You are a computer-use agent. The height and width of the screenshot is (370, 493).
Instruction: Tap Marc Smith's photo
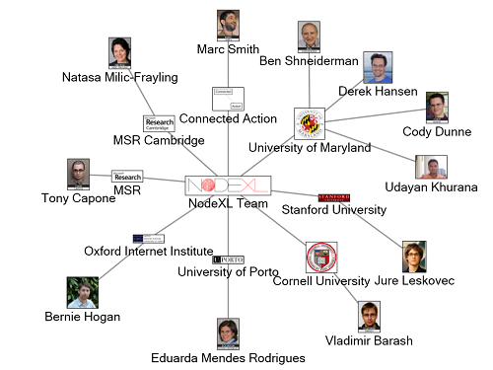click(229, 26)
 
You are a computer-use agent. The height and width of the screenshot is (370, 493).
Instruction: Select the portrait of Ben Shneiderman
click(310, 37)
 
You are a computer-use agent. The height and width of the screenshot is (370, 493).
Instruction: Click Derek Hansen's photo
click(378, 67)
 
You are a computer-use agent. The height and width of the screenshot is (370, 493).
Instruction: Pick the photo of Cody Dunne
click(437, 108)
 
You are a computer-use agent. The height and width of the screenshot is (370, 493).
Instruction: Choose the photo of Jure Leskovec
click(413, 257)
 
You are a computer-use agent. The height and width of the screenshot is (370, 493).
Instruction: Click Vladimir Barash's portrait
click(370, 318)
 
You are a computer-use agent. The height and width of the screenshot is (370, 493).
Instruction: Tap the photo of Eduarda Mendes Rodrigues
click(229, 334)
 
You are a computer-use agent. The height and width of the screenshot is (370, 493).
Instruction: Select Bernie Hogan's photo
click(82, 292)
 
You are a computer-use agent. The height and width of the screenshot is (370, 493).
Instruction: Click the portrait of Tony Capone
click(78, 175)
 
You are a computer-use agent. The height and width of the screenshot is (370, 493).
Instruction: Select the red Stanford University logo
click(333, 198)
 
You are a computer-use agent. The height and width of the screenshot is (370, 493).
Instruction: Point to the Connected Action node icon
click(228, 99)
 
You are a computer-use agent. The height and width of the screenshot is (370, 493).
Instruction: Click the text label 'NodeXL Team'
click(228, 203)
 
